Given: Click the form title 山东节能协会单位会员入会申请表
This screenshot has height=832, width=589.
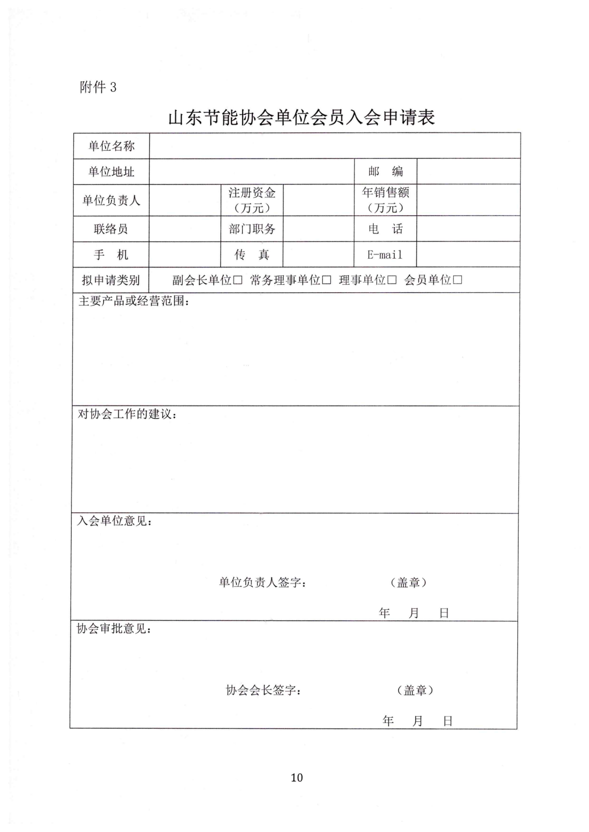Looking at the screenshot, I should tap(301, 117).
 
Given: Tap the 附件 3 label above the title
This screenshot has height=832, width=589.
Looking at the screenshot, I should tap(98, 87).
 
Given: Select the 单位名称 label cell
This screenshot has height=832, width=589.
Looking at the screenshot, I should tap(111, 146).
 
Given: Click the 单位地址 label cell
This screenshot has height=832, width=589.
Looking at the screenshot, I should tap(111, 172).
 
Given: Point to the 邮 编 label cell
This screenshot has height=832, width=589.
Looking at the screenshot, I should tap(385, 172).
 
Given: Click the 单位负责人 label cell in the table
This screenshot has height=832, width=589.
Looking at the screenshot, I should tap(111, 200).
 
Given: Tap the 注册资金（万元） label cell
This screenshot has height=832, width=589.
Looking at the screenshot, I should tap(252, 200).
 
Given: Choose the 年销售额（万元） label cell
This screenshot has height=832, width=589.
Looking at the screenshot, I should tap(385, 200).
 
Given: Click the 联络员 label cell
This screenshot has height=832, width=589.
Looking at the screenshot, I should tap(111, 229).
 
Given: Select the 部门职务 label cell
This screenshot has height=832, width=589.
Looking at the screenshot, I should tap(252, 229).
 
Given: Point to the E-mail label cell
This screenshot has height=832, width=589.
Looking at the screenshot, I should tap(385, 255).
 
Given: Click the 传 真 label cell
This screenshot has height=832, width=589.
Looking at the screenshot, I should tap(252, 255).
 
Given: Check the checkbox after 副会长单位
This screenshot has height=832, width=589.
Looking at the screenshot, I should tap(238, 280).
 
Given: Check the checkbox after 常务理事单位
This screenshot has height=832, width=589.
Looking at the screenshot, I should tap(327, 280).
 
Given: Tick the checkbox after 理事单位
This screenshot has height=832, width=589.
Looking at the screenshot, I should tap(392, 280).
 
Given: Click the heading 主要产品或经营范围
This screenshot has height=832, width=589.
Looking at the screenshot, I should tap(134, 301).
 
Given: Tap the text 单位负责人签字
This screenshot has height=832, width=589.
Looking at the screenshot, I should tap(262, 582).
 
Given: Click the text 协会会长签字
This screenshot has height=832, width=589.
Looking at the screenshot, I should tap(263, 690).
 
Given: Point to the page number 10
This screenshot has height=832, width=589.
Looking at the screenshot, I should tap(297, 777).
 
